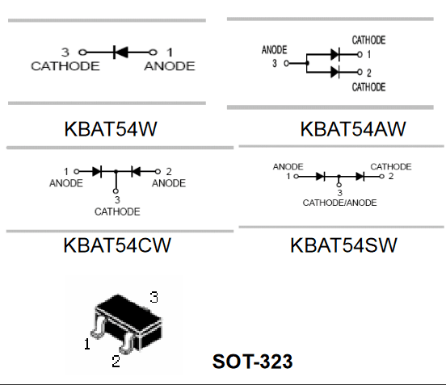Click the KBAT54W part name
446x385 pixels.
click(111, 129)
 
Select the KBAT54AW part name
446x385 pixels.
click(353, 129)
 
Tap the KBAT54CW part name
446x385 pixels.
click(117, 245)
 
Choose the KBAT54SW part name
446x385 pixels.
click(343, 245)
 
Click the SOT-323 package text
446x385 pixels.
click(252, 362)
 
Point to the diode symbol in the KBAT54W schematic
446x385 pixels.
click(120, 52)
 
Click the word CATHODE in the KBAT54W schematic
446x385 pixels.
click(65, 66)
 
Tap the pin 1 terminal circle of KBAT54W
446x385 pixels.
click(153, 52)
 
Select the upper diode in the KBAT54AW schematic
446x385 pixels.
click(335, 54)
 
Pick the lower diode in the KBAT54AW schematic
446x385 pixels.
click(335, 72)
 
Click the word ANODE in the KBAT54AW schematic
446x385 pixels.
click(274, 50)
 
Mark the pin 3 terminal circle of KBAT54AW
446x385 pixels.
click(287, 63)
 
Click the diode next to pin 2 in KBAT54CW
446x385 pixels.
click(136, 171)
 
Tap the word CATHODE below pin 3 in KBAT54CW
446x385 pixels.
click(117, 211)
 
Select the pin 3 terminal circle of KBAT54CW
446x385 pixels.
click(116, 191)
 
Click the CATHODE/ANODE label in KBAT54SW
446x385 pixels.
click(339, 203)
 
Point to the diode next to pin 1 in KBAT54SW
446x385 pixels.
click(321, 177)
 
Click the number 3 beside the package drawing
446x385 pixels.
click(154, 297)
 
